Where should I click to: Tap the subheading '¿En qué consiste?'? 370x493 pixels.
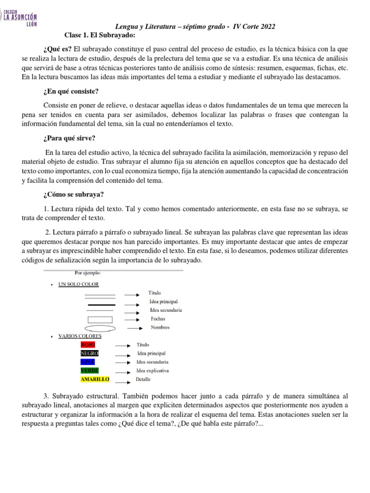tap(71, 91)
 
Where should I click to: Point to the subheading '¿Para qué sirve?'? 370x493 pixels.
tap(69, 138)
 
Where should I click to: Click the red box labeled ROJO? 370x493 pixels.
tap(88, 345)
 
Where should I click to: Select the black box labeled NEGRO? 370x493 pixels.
tap(89, 353)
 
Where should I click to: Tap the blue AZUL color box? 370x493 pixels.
tap(88, 362)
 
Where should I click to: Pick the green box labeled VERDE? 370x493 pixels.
tap(90, 371)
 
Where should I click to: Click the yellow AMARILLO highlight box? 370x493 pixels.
tap(95, 379)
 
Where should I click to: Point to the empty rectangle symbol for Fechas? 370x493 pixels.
tap(100, 320)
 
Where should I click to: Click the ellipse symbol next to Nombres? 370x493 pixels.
tap(100, 328)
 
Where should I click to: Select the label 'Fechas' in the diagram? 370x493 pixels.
tap(158, 319)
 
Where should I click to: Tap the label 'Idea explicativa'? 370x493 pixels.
tap(153, 371)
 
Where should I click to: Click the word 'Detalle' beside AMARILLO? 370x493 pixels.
tap(143, 379)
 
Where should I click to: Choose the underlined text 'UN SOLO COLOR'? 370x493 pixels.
tap(78, 285)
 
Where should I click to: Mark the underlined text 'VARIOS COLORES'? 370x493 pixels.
tap(80, 336)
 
